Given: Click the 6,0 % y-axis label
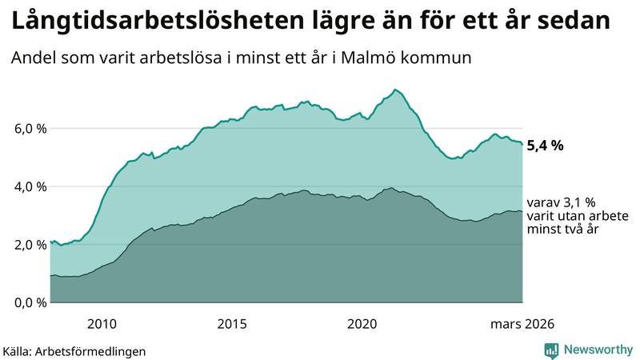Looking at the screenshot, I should tap(26, 129).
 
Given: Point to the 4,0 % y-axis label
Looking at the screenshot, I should tap(26, 186).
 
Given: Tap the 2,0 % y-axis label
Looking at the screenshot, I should tap(26, 245).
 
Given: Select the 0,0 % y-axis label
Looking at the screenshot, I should tap(26, 302).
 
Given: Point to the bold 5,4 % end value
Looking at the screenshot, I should tap(546, 146).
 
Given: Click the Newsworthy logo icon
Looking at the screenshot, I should tap(551, 350).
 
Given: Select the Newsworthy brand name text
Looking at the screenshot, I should tap(597, 350).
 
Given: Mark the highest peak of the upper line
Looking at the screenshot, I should tap(395, 89).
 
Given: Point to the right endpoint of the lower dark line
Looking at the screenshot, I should tap(522, 212).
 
